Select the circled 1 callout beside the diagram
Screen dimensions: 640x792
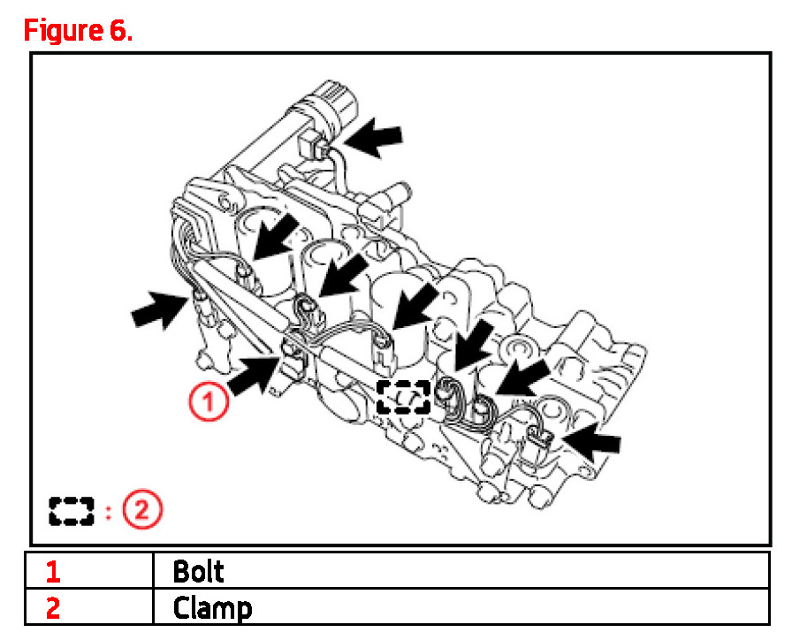point(209,404)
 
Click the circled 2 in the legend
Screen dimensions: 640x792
point(142,509)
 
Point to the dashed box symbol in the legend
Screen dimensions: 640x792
point(72,510)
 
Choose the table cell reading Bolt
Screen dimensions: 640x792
point(198,571)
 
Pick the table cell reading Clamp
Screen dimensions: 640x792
point(212,608)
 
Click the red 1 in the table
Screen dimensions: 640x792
point(53,572)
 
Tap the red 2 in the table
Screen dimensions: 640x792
point(53,609)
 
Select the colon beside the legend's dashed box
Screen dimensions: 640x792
point(108,511)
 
